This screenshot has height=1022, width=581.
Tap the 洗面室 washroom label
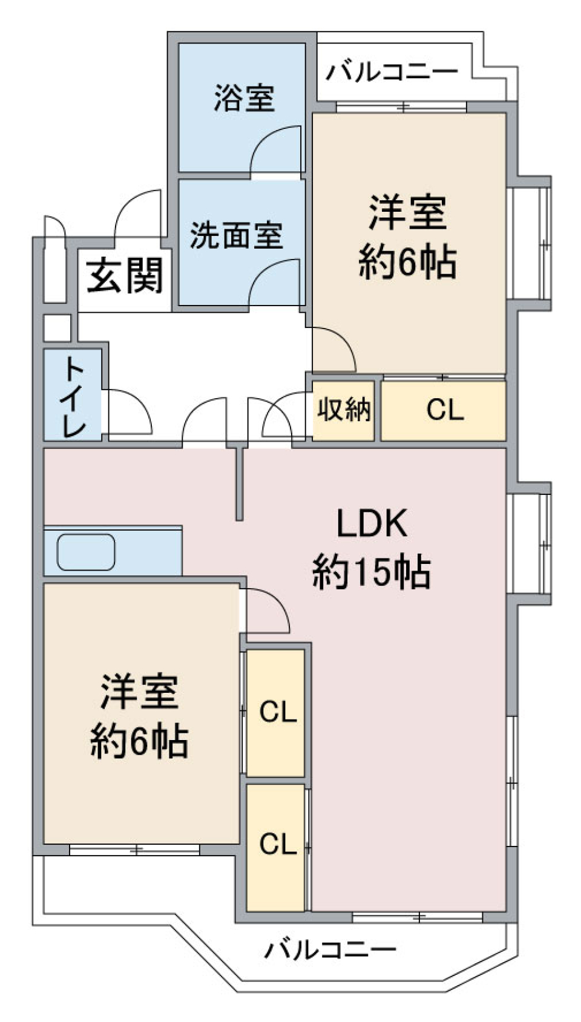click(x=236, y=235)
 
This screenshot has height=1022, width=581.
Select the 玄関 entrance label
click(x=124, y=275)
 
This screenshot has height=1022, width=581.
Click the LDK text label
click(x=372, y=524)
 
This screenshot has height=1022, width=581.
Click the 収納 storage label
click(x=344, y=409)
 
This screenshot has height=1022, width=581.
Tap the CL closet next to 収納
click(x=445, y=409)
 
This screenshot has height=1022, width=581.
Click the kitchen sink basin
click(x=86, y=552)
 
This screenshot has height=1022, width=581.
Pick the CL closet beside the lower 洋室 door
click(x=278, y=712)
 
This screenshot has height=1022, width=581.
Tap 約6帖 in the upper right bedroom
click(x=407, y=262)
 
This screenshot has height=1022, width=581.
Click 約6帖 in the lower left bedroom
click(x=139, y=741)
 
